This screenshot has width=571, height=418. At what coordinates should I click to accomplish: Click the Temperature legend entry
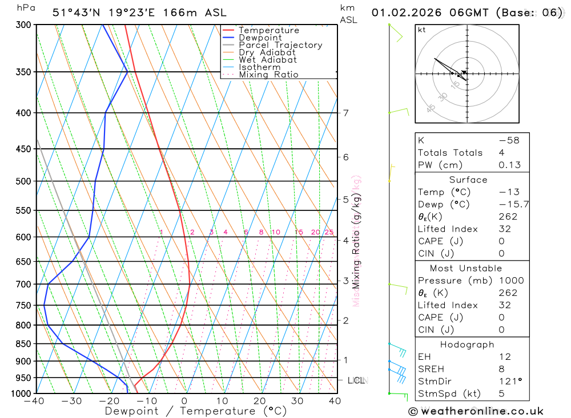pyautogui.click(x=268, y=30)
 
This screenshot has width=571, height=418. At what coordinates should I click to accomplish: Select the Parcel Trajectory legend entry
pyautogui.click(x=280, y=45)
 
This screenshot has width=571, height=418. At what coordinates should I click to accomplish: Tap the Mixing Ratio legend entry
pyautogui.click(x=268, y=75)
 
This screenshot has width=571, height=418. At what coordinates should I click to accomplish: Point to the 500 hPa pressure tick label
pyautogui.click(x=23, y=181)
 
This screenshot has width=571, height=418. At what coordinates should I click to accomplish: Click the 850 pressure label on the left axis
pyautogui.click(x=23, y=344)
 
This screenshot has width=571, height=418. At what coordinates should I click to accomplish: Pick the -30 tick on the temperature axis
pyautogui.click(x=72, y=401)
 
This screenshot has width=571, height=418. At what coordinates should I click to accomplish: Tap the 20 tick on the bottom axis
pyautogui.click(x=260, y=401)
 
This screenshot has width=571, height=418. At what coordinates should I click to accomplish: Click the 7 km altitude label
pyautogui.click(x=346, y=113)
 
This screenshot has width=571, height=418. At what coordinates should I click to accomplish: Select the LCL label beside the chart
pyautogui.click(x=355, y=380)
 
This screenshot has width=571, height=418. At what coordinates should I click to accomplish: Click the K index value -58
pyautogui.click(x=509, y=140)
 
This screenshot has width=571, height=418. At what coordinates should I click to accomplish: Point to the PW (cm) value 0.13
pyautogui.click(x=509, y=165)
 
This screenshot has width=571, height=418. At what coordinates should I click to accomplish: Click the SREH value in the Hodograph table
pyautogui.click(x=501, y=369)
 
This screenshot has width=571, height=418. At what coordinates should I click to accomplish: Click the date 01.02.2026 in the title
pyautogui.click(x=403, y=13)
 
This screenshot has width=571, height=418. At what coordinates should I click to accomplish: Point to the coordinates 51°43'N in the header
pyautogui.click(x=77, y=13)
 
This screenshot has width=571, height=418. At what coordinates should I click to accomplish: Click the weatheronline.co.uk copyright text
pyautogui.click(x=476, y=411)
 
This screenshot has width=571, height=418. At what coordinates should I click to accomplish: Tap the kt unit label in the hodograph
pyautogui.click(x=422, y=30)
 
